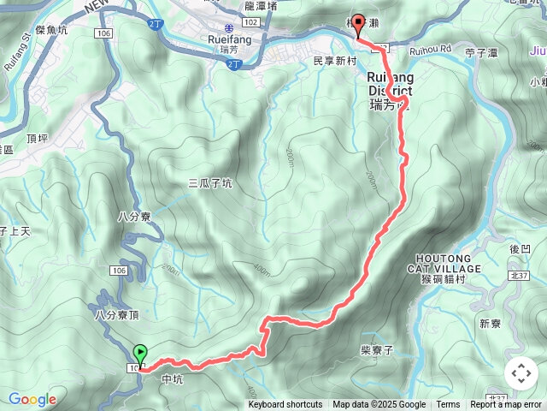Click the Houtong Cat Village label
[450, 263]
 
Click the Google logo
[32, 399]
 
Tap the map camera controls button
[521, 373]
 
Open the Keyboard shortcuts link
[285, 405]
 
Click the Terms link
[448, 405]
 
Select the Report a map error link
[506, 405]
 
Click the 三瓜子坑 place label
[209, 183]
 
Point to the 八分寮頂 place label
[117, 316]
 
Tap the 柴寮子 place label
[376, 349]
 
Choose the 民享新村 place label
[335, 62]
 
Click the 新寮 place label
[490, 324]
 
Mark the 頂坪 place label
[38, 136]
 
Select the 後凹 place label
[520, 248]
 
